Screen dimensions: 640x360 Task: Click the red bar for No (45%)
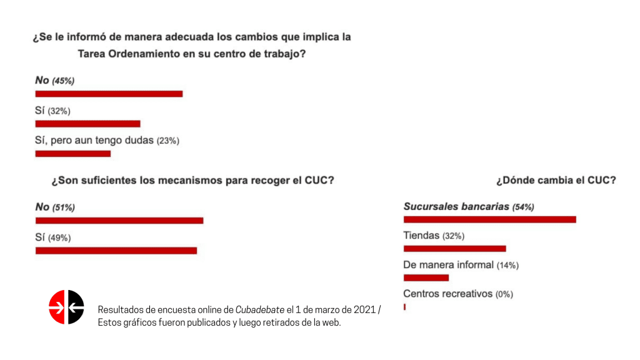[x=109, y=94]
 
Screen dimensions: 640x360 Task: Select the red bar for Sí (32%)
[x=87, y=124]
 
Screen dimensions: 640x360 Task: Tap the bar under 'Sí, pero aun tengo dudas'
[x=73, y=154]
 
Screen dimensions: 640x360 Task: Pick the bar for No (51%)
[x=119, y=221]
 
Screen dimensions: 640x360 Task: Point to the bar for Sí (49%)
[x=116, y=251]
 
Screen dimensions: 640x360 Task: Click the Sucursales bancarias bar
[x=490, y=219]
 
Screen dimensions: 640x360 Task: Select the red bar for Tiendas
[x=455, y=249]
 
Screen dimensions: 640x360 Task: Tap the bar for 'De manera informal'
[x=426, y=278]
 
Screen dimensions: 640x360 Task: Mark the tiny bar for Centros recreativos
[x=404, y=307]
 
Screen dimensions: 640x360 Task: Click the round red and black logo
[x=66, y=307]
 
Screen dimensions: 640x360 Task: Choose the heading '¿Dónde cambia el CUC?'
[x=556, y=180]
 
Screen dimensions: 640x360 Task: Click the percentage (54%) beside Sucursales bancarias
[x=523, y=207]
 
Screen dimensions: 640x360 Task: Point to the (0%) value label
[x=504, y=294]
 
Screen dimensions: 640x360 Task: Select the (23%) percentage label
[x=168, y=141]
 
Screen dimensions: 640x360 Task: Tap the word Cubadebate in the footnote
[x=259, y=310]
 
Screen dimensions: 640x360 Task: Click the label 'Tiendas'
[x=421, y=236]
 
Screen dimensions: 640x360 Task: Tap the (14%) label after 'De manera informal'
[x=507, y=265]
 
